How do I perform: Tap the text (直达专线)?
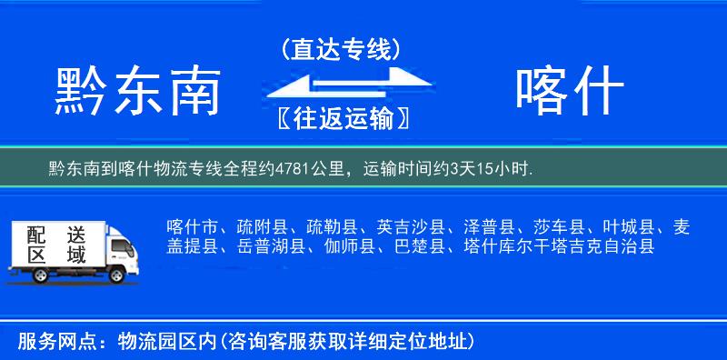(341, 50)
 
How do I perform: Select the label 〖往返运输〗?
(341, 119)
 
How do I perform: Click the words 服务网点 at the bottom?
(47, 341)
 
